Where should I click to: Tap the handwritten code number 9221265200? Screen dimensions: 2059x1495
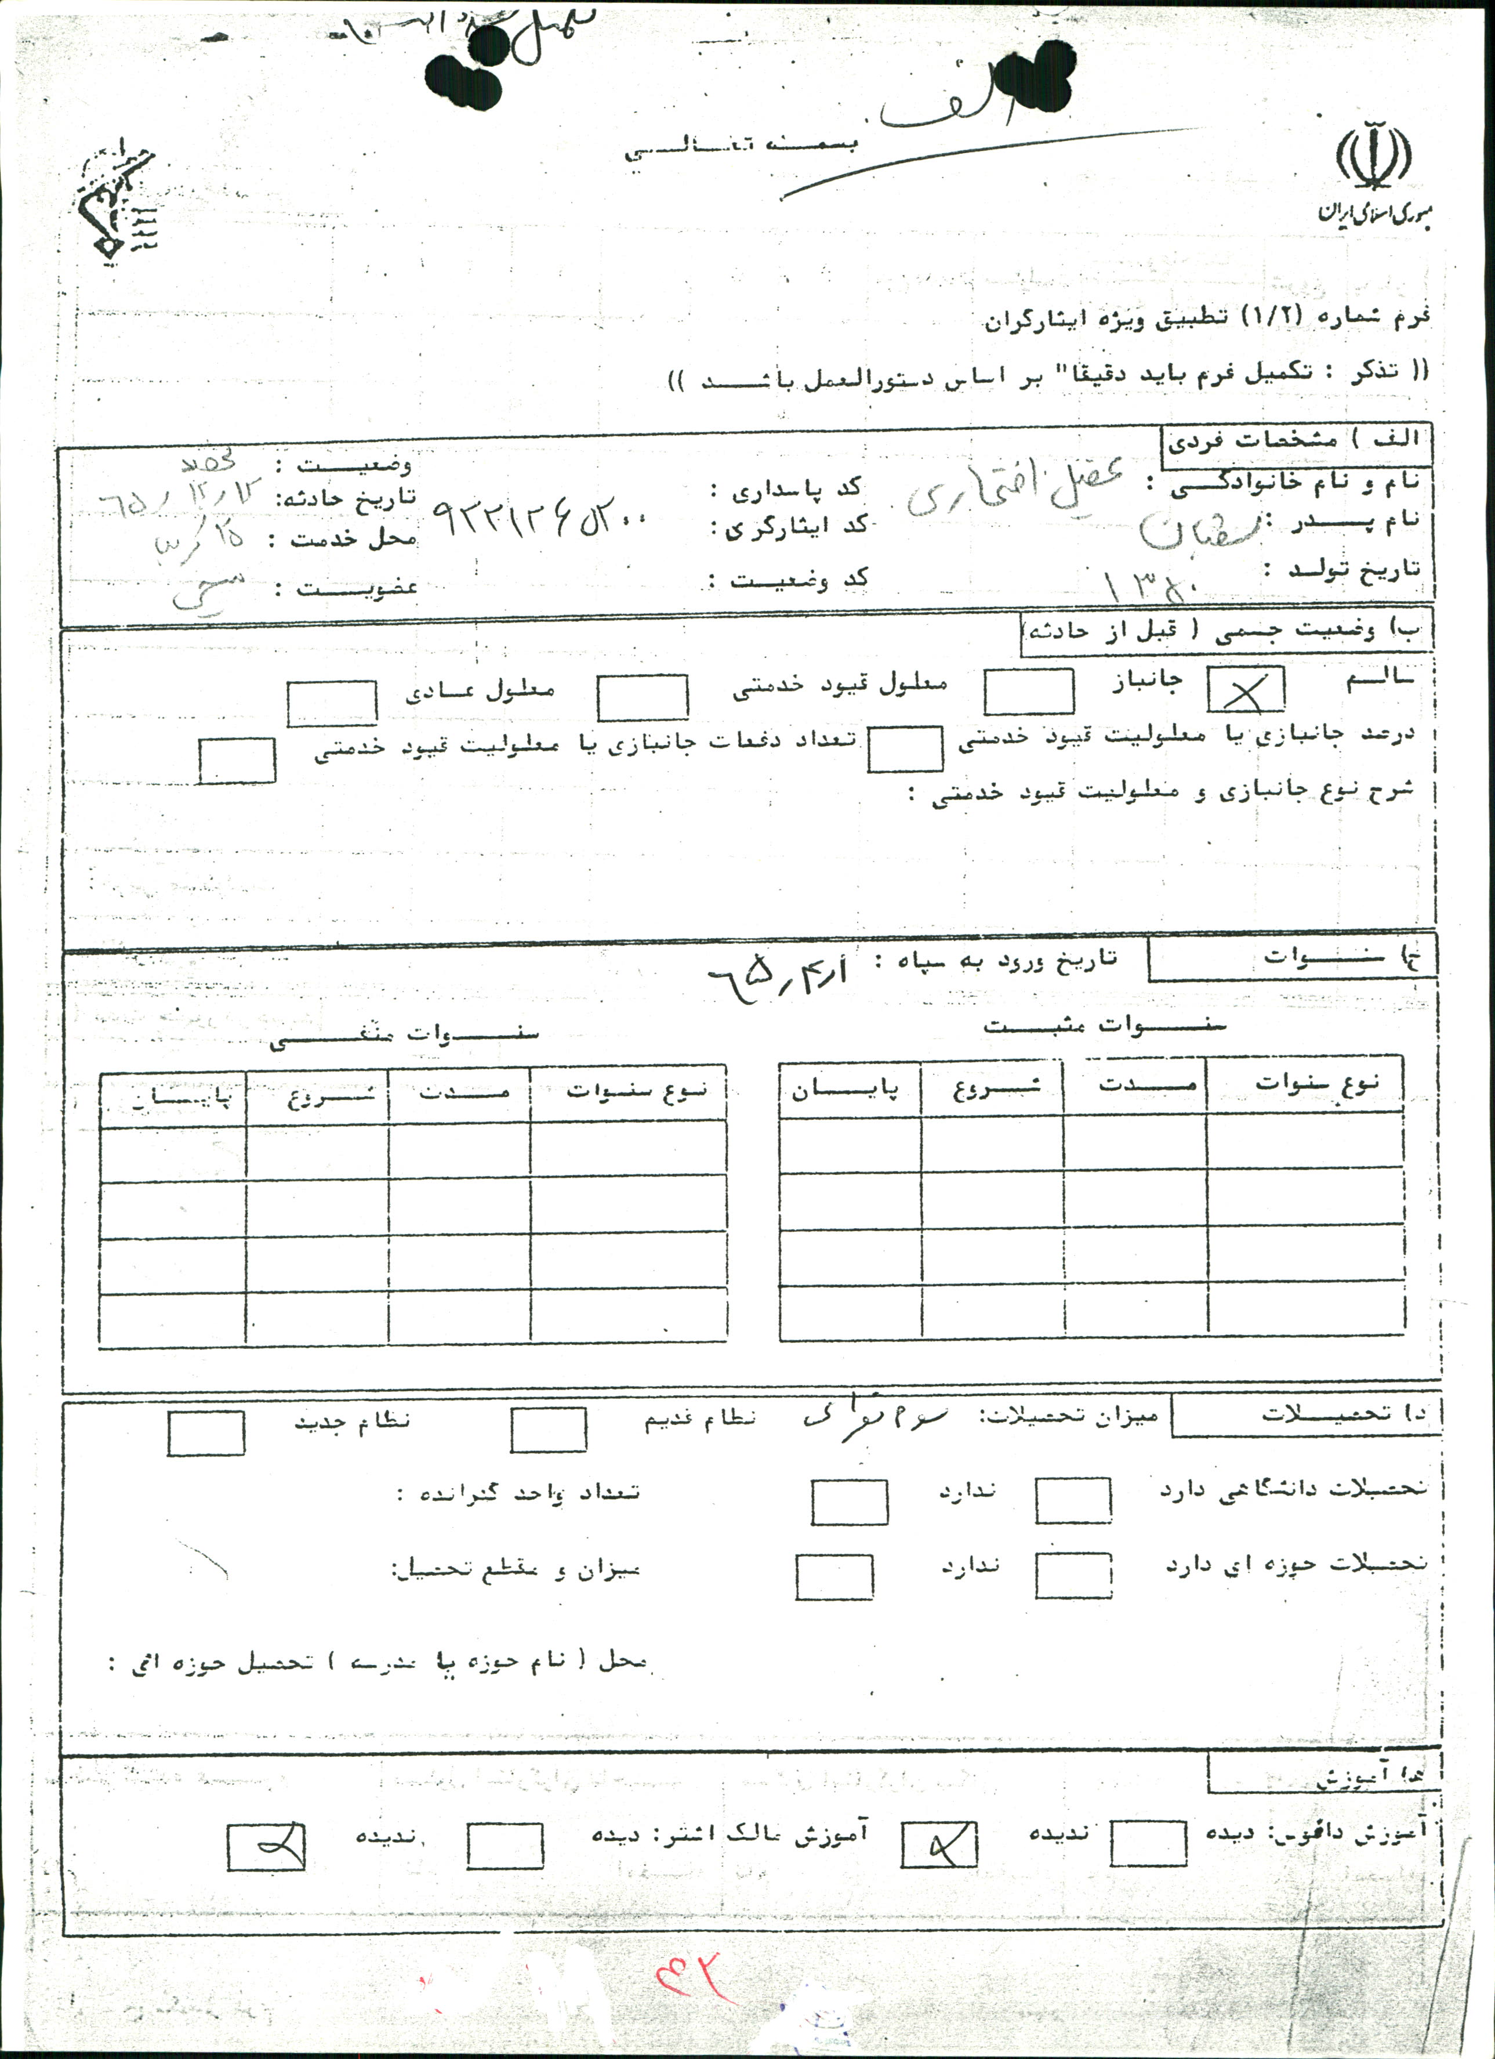(542, 522)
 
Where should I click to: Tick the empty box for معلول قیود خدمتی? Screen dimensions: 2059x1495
(642, 698)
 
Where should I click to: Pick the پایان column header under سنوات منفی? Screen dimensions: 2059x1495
(172, 1097)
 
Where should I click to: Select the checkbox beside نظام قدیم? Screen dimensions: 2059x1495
(548, 1430)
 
